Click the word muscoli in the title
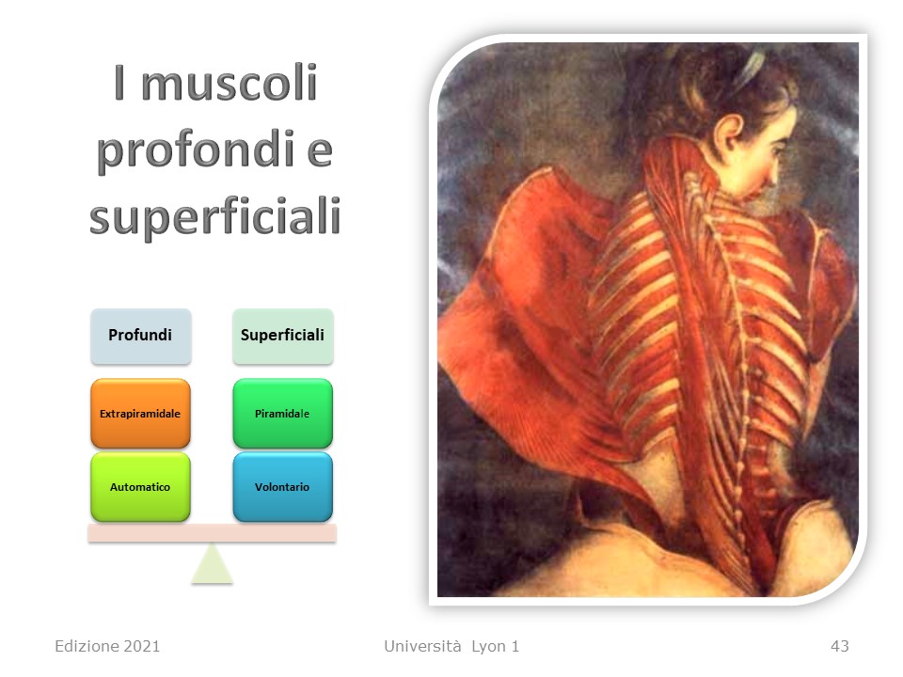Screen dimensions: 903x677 click(x=230, y=83)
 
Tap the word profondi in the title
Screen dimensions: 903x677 click(x=196, y=150)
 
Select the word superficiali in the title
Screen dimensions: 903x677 click(x=214, y=217)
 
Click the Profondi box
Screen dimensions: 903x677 click(x=140, y=336)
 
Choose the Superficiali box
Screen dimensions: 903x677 click(x=283, y=336)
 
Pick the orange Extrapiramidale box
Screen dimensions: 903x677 click(x=140, y=414)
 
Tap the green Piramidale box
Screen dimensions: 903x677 click(x=283, y=414)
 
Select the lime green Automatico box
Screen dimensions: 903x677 click(x=140, y=487)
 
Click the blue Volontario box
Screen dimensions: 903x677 click(x=283, y=487)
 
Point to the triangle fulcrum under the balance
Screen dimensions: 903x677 click(x=212, y=567)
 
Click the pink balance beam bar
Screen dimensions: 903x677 click(x=212, y=533)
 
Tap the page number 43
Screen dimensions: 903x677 click(x=840, y=646)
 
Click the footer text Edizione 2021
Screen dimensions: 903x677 click(x=107, y=646)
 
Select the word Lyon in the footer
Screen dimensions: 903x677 click(x=488, y=647)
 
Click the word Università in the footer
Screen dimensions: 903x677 click(x=422, y=646)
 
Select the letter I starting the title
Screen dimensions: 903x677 click(x=119, y=82)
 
